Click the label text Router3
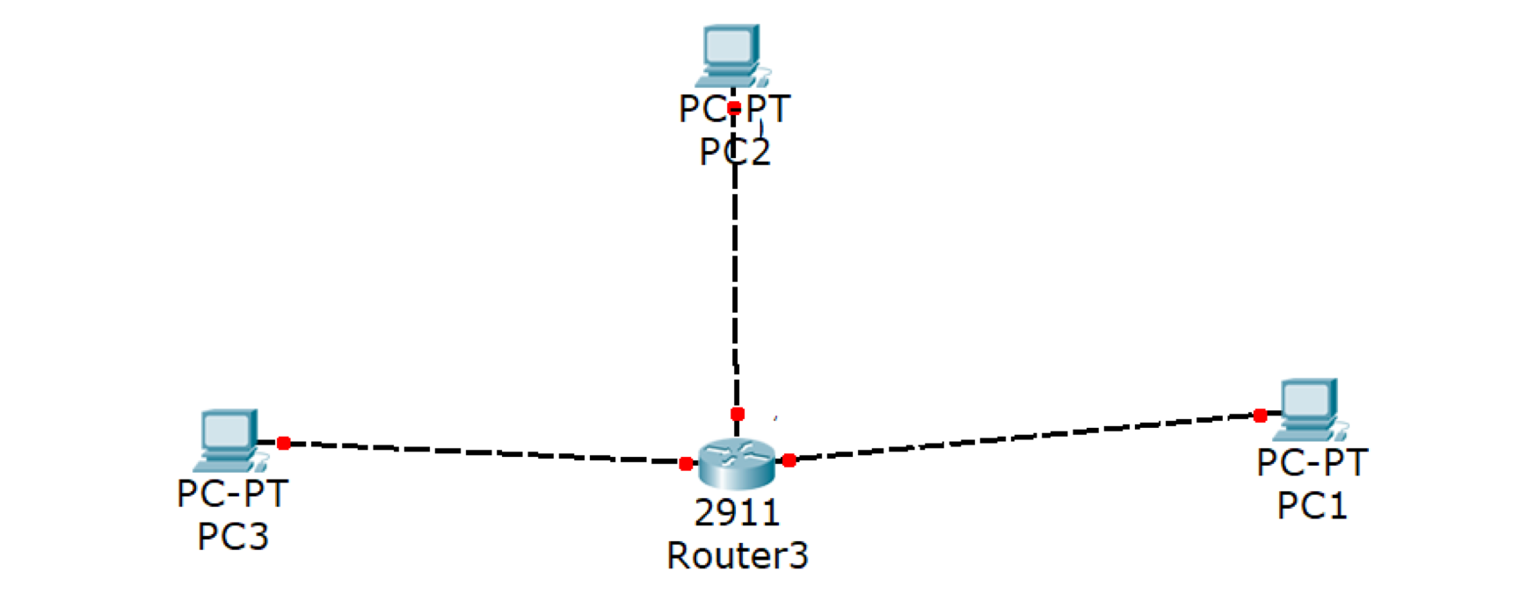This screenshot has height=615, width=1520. [737, 556]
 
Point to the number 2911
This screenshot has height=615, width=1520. [737, 512]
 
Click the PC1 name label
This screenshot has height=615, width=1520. [1312, 506]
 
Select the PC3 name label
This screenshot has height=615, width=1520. [232, 537]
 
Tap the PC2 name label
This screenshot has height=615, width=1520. [734, 152]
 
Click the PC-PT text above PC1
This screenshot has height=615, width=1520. [1312, 462]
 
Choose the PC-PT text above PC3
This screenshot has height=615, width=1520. [232, 494]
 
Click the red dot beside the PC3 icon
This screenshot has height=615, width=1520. [283, 444]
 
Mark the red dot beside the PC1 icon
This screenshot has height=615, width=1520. [1260, 416]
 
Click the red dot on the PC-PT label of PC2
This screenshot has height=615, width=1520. [734, 109]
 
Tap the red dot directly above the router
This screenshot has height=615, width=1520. [738, 414]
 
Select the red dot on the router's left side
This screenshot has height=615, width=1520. [686, 464]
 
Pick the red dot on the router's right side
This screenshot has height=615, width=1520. [789, 460]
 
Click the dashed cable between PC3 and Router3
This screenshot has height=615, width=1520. [484, 452]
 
